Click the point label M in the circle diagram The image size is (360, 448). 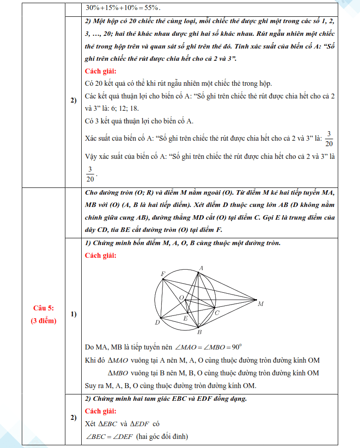[261, 304]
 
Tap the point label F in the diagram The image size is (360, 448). [163, 274]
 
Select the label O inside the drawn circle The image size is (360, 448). [181, 298]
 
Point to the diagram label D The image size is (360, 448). [157, 323]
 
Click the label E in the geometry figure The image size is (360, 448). [185, 319]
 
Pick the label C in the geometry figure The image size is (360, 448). [217, 313]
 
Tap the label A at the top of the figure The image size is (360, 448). [201, 268]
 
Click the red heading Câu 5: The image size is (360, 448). [44, 308]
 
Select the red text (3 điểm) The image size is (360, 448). [44, 321]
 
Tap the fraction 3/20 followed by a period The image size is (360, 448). [90, 174]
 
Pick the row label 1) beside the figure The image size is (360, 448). [73, 314]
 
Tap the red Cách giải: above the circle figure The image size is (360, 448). [100, 255]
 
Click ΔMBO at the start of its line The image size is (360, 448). [117, 373]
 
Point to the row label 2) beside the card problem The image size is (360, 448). [73, 100]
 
